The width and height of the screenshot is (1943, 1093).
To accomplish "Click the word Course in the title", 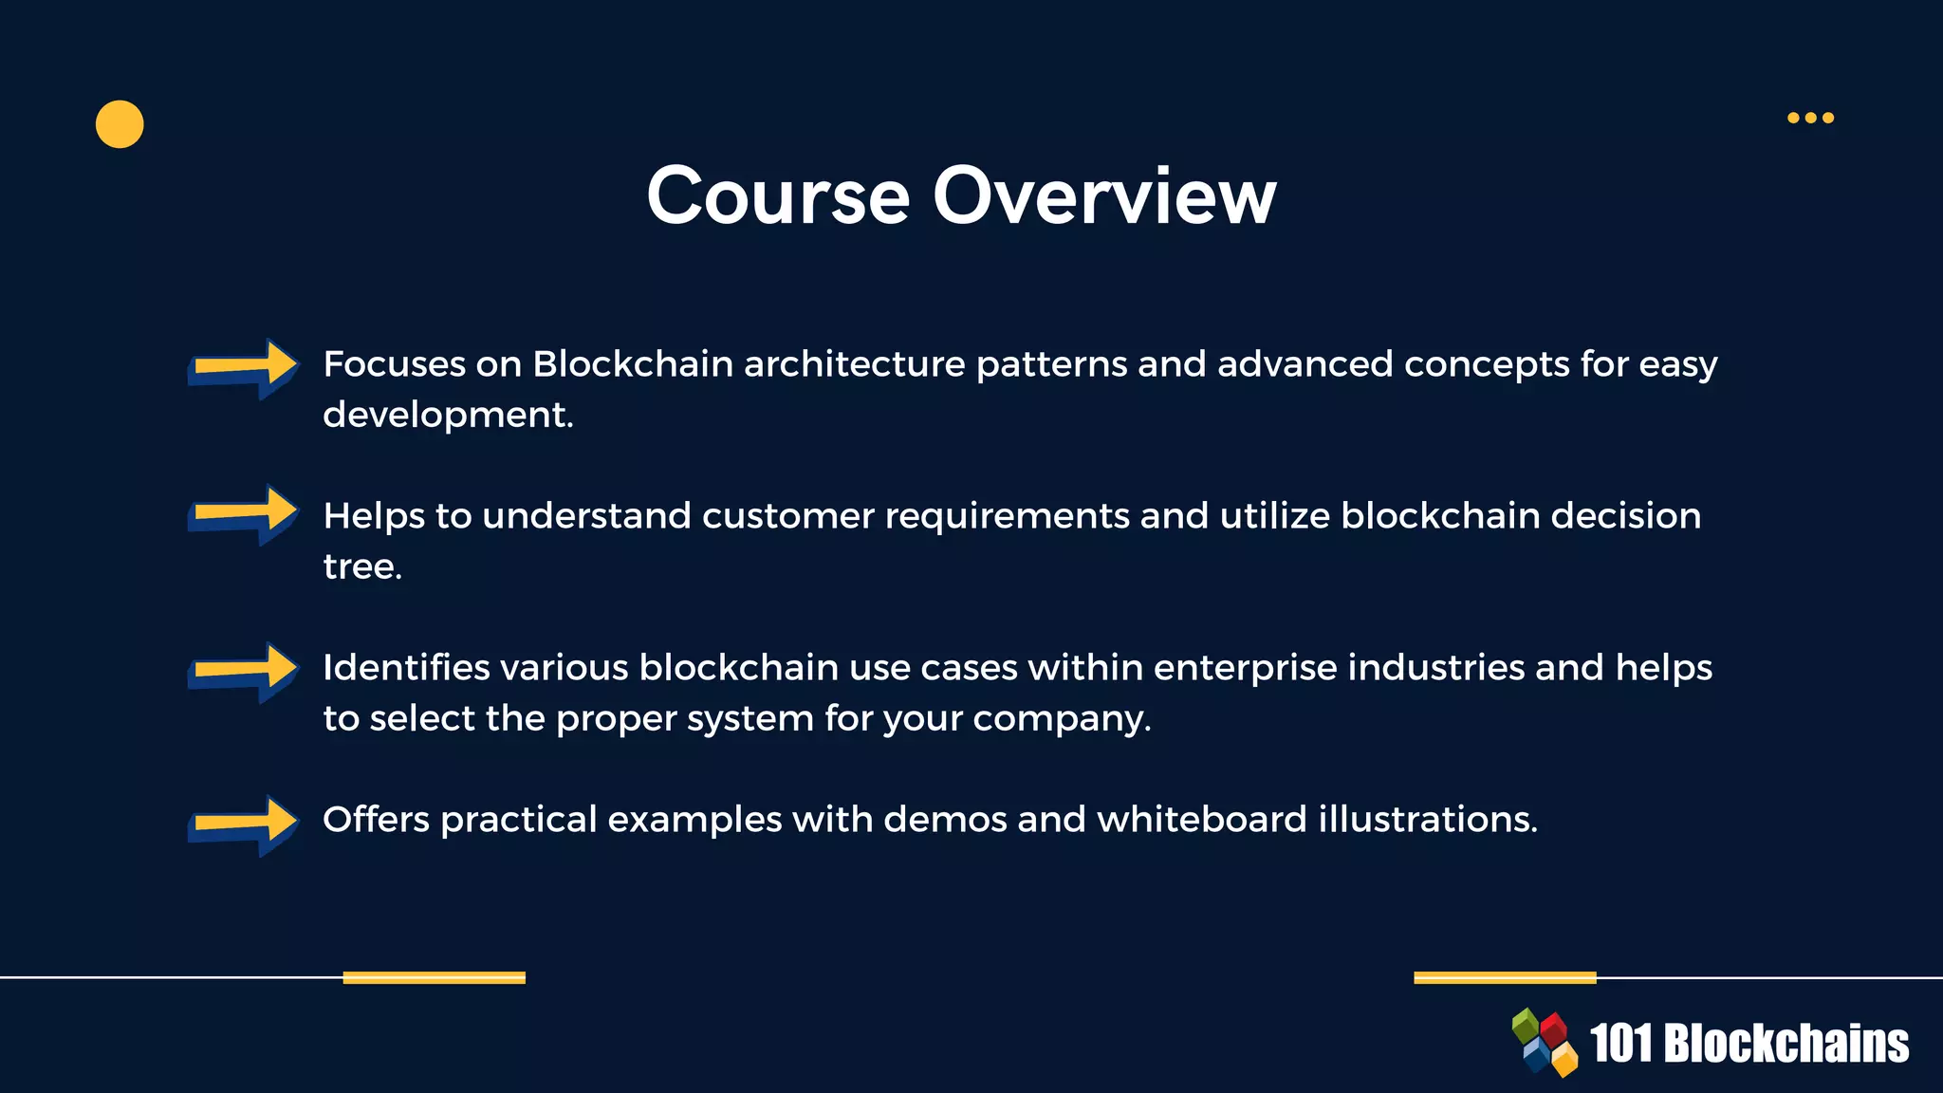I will coord(778,196).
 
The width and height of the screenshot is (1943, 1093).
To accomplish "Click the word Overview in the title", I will coord(1104,196).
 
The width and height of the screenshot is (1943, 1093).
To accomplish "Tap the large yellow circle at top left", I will coord(120,124).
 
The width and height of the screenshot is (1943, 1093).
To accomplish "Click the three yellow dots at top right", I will coord(1810,118).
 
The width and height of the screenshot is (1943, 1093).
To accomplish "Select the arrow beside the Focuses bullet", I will coord(244,368).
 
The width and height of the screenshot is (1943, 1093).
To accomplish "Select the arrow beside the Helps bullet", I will coord(244,515).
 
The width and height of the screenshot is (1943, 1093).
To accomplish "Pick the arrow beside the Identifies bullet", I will coord(244,672).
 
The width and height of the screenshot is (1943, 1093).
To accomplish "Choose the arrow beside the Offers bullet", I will coord(244,824).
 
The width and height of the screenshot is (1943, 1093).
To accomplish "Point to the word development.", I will coord(448,416).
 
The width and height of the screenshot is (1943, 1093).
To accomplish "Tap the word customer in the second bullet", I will coord(787,516).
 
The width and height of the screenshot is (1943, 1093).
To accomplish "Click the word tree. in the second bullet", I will coord(362,566).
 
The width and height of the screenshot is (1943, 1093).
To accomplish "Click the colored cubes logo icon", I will coord(1545,1043).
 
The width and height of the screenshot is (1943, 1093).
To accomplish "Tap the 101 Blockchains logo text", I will coord(1749,1044).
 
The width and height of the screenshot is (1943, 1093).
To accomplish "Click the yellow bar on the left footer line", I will coord(434,977).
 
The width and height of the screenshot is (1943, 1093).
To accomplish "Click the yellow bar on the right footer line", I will coord(1505,977).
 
